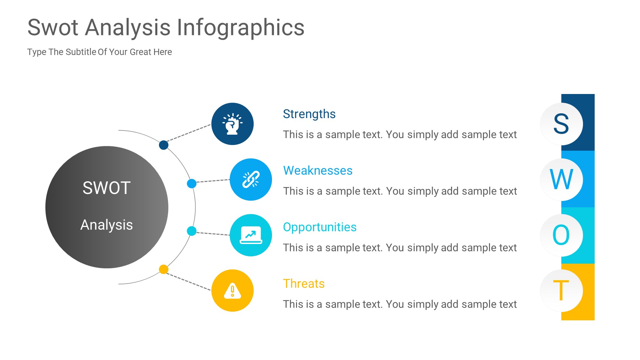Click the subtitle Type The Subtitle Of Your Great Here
(x=99, y=52)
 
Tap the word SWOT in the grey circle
(x=106, y=188)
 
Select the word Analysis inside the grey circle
(x=106, y=225)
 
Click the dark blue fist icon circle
(x=232, y=124)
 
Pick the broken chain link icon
(x=251, y=179)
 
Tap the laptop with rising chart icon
(x=251, y=235)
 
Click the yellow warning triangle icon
(x=232, y=291)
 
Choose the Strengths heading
(x=309, y=114)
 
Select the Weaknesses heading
(x=318, y=171)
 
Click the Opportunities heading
(x=320, y=227)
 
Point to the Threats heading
(x=304, y=284)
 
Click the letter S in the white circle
(x=561, y=124)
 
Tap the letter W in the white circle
(x=561, y=180)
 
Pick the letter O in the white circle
(x=561, y=235)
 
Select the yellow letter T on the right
(x=561, y=291)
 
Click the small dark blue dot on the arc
(x=164, y=145)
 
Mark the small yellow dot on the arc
(x=164, y=269)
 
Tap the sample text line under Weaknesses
(x=400, y=191)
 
